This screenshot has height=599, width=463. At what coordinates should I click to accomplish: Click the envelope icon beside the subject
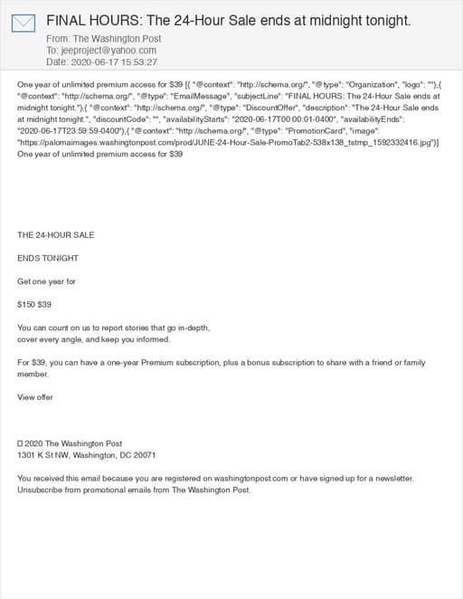pos(23,24)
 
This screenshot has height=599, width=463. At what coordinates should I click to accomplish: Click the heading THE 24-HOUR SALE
pos(55,234)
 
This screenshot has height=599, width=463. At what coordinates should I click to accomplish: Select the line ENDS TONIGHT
pos(48,258)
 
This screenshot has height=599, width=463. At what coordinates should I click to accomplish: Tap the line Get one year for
pos(46,281)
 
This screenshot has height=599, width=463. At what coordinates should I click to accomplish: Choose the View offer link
pos(35,397)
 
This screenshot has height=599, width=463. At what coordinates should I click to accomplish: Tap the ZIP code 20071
pos(144,455)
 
